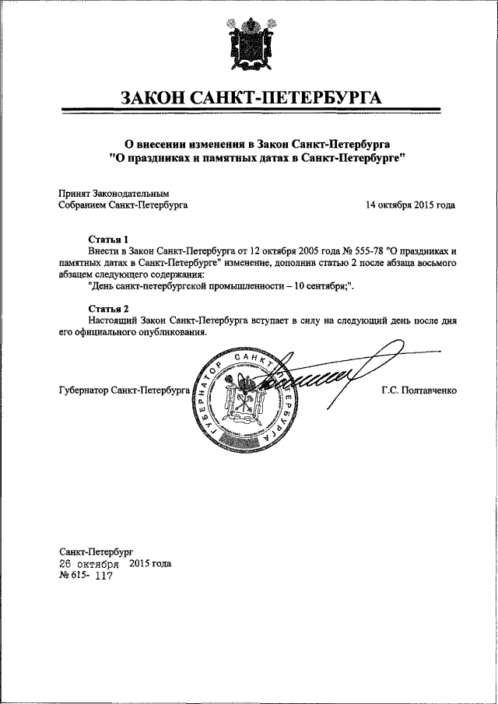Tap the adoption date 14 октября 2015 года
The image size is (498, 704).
coord(410,205)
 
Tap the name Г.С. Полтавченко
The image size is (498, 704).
coord(419,391)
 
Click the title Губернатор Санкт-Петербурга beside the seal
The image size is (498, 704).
coord(124,391)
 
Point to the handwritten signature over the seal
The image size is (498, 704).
coord(327,377)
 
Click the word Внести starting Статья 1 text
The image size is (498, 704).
coord(105,252)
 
